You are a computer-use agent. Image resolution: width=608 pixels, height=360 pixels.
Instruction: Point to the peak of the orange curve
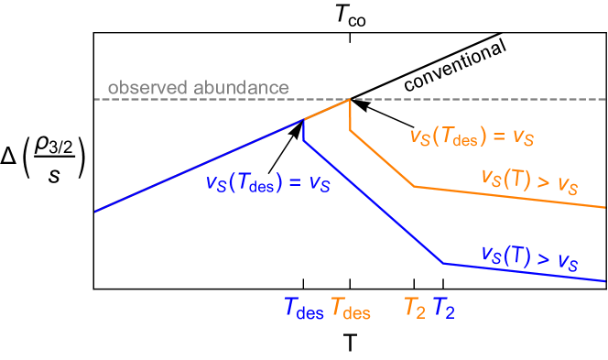pyautogui.click(x=350, y=100)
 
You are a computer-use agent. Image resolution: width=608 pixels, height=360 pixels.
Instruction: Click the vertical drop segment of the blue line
pyautogui.click(x=303, y=130)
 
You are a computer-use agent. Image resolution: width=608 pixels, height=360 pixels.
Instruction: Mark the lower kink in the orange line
pyautogui.click(x=415, y=187)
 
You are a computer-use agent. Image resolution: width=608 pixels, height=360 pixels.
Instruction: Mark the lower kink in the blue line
pyautogui.click(x=443, y=264)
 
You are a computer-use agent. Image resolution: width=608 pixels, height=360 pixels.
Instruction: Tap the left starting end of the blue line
pyautogui.click(x=95, y=212)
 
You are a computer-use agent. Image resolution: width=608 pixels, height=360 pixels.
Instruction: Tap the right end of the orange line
pyautogui.click(x=604, y=207)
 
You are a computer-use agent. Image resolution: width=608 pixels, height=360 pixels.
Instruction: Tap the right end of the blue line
pyautogui.click(x=604, y=280)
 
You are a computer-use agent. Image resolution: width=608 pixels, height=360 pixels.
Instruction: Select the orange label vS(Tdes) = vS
pyautogui.click(x=472, y=137)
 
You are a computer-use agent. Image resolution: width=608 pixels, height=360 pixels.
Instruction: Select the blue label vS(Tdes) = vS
pyautogui.click(x=267, y=182)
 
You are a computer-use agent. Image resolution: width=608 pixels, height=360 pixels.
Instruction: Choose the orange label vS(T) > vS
pyautogui.click(x=529, y=180)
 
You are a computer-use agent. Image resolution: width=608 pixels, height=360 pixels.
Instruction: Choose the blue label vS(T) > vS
pyautogui.click(x=529, y=257)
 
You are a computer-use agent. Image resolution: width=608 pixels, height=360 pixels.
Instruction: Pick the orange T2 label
pyautogui.click(x=415, y=310)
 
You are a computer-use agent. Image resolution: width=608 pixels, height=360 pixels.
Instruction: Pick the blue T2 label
pyautogui.click(x=444, y=310)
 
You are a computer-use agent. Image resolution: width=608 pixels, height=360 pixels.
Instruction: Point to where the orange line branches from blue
pyautogui.click(x=303, y=119)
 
